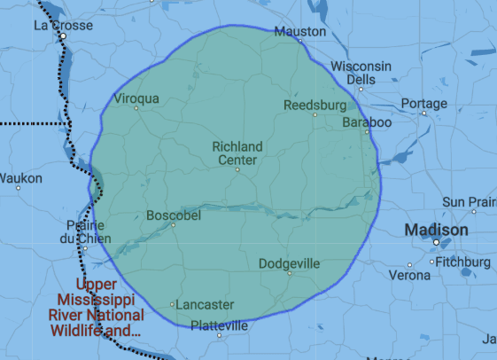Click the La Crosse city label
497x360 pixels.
pyautogui.click(x=63, y=26)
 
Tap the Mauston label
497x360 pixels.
pyautogui.click(x=295, y=32)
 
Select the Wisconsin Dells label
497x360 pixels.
pyautogui.click(x=361, y=73)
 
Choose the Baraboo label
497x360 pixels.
pyautogui.click(x=366, y=122)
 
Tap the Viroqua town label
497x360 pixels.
pyautogui.click(x=136, y=98)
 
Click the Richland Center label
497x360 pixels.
pyautogui.click(x=237, y=153)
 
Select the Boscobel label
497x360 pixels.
pyautogui.click(x=173, y=215)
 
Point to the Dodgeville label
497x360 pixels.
pyautogui.click(x=290, y=263)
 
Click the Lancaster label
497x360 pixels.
pyautogui.click(x=205, y=304)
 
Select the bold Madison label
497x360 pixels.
pyautogui.click(x=436, y=230)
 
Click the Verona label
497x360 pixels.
pyautogui.click(x=409, y=275)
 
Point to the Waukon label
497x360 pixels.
pyautogui.click(x=20, y=178)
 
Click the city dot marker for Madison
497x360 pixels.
pyautogui.click(x=437, y=242)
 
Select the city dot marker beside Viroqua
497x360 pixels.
pyautogui.click(x=136, y=108)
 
